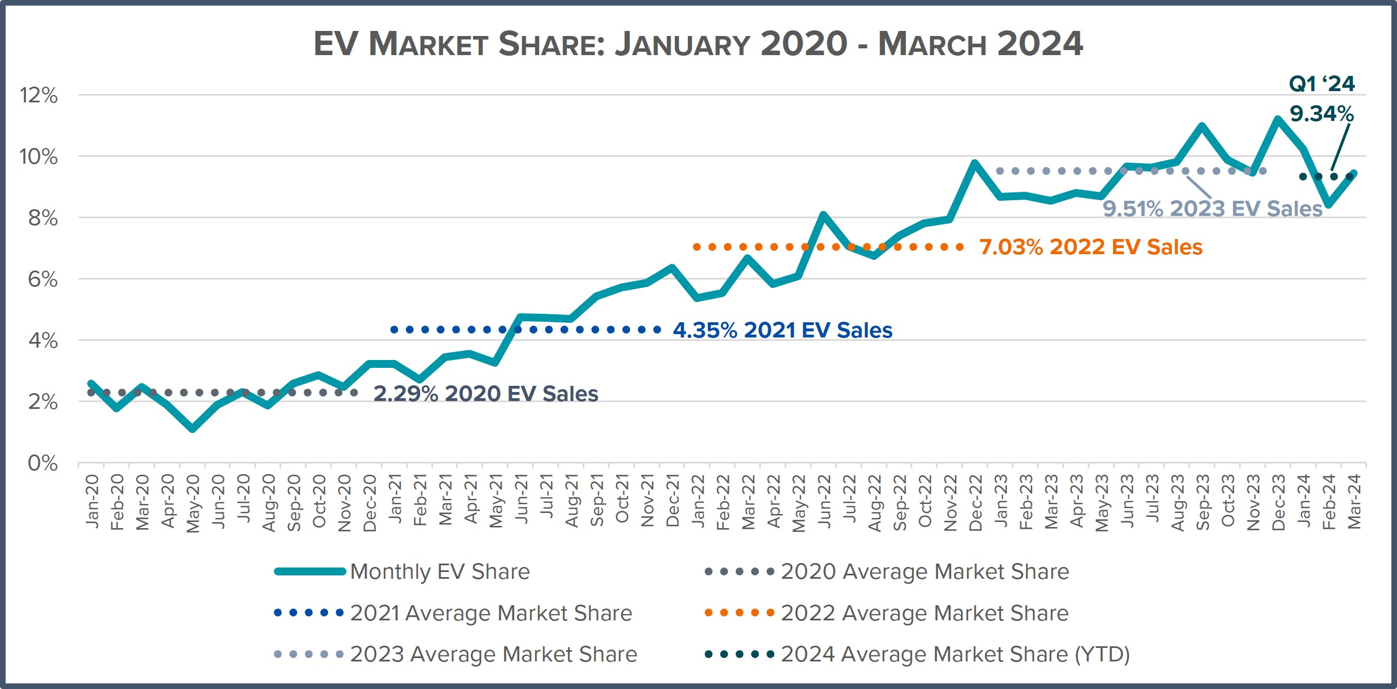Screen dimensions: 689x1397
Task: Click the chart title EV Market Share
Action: coord(698,44)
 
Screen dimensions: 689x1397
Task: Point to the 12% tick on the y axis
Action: coord(39,95)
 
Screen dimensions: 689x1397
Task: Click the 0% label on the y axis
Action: coord(43,463)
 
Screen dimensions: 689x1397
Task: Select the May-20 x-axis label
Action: coord(192,503)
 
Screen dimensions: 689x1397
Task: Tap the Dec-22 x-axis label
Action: coord(975,503)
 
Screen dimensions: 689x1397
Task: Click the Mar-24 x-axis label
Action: coord(1354,502)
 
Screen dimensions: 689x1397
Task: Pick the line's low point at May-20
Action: coord(192,429)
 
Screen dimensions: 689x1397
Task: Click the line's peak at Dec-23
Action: coord(1278,119)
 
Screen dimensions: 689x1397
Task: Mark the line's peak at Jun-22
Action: coord(823,215)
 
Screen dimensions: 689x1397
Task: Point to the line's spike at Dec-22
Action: coord(975,163)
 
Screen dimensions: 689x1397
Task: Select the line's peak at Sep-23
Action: coord(1202,126)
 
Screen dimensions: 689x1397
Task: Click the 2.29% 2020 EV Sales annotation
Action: coord(485,393)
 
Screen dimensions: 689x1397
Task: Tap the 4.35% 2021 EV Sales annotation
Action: coord(782,330)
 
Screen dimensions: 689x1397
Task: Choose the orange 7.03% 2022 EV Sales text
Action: coord(1090,247)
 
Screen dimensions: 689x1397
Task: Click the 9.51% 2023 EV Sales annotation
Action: coord(1212,209)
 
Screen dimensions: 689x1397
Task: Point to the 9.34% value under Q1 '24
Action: coord(1321,114)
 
